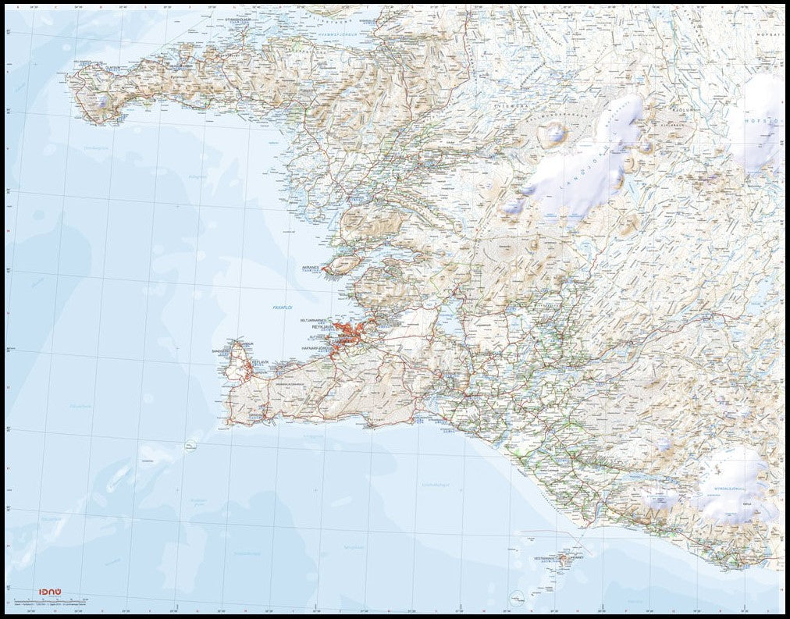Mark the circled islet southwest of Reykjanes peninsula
coord(190,447)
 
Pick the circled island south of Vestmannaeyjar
coord(515,600)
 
